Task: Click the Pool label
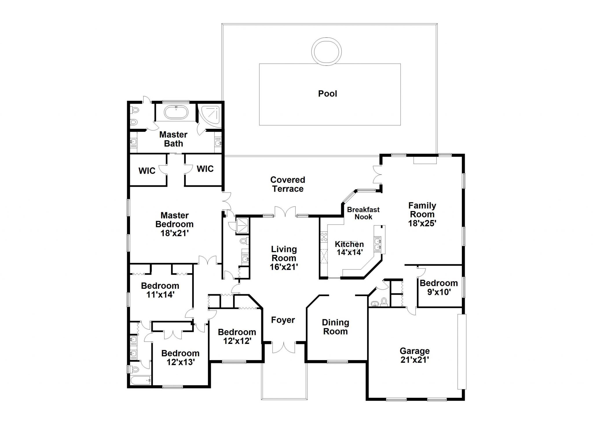pyautogui.click(x=327, y=93)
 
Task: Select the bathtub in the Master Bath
pyautogui.click(x=176, y=113)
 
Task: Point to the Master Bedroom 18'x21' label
pyautogui.click(x=175, y=224)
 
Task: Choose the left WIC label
pyautogui.click(x=147, y=171)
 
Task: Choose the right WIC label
pyautogui.click(x=205, y=169)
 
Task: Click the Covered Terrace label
pyautogui.click(x=288, y=184)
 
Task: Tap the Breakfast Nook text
pyautogui.click(x=363, y=213)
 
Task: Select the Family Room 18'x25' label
pyautogui.click(x=422, y=214)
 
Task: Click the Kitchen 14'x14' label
pyautogui.click(x=349, y=248)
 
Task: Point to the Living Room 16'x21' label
pyautogui.click(x=284, y=258)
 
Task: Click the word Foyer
pyautogui.click(x=283, y=320)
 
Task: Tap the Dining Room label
pyautogui.click(x=335, y=327)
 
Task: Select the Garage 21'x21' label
pyautogui.click(x=415, y=355)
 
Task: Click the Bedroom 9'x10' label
pyautogui.click(x=439, y=287)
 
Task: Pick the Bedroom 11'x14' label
pyautogui.click(x=160, y=290)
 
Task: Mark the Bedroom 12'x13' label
pyautogui.click(x=180, y=357)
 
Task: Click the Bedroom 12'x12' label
pyautogui.click(x=237, y=336)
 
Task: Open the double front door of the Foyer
pyautogui.click(x=284, y=347)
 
